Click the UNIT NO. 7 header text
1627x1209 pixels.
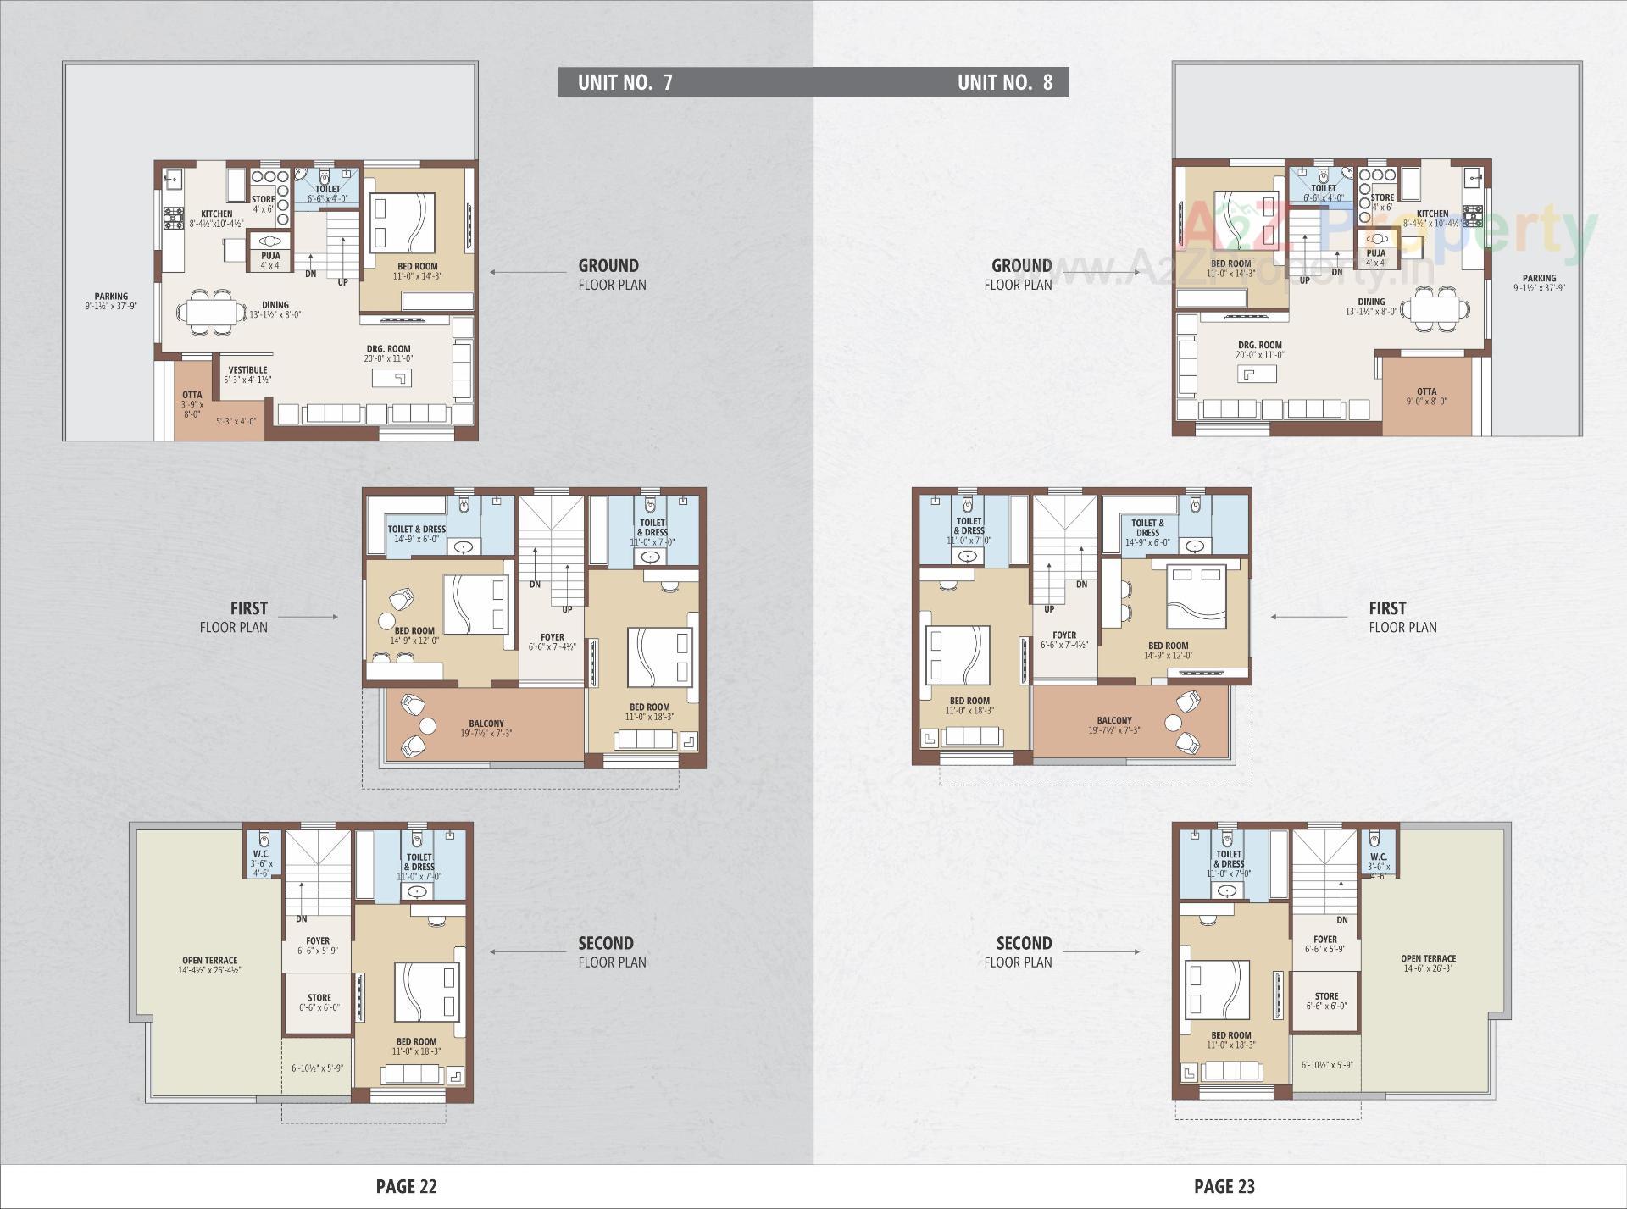click(625, 82)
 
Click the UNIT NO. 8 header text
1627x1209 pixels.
click(1004, 82)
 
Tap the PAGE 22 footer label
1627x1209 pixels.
click(406, 1186)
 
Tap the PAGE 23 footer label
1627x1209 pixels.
click(1224, 1186)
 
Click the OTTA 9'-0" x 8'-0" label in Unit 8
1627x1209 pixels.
click(1426, 397)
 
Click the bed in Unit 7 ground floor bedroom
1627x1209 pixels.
click(402, 223)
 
